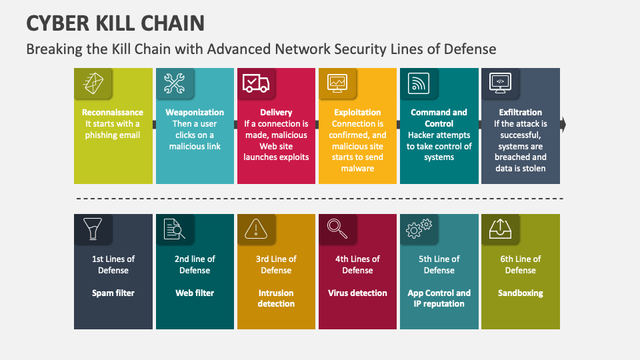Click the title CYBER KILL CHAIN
pyautogui.click(x=115, y=23)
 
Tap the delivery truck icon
pyautogui.click(x=256, y=84)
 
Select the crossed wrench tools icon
pyautogui.click(x=174, y=83)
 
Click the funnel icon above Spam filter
pyautogui.click(x=93, y=229)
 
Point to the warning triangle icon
pyautogui.click(x=256, y=229)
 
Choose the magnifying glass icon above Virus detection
pyautogui.click(x=337, y=229)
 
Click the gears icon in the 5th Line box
pyautogui.click(x=419, y=229)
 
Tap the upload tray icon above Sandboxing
pyautogui.click(x=500, y=229)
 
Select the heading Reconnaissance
pyautogui.click(x=113, y=112)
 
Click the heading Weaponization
pyautogui.click(x=195, y=112)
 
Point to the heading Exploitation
pyautogui.click(x=357, y=112)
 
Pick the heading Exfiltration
pyautogui.click(x=521, y=112)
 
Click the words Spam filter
pyautogui.click(x=113, y=293)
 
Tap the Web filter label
pyautogui.click(x=195, y=293)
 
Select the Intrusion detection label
pyautogui.click(x=276, y=299)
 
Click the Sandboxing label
pyautogui.click(x=521, y=293)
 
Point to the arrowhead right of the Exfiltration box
pyautogui.click(x=563, y=125)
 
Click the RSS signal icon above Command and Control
pyautogui.click(x=419, y=83)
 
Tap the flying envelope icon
pyautogui.click(x=93, y=83)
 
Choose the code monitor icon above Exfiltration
pyautogui.click(x=500, y=83)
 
